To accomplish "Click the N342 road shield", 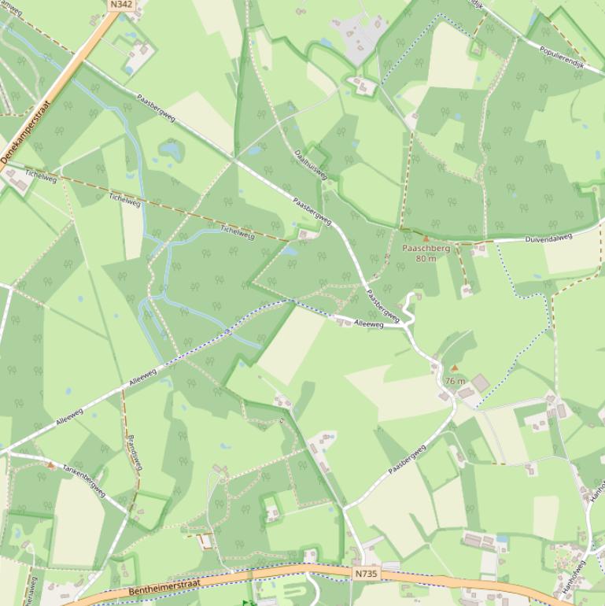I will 121,4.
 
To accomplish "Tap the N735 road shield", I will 366,574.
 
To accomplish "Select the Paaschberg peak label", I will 426,248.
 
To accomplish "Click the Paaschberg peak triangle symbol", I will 426,237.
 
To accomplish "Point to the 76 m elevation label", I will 455,381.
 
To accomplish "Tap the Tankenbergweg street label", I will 84,479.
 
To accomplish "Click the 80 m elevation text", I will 426,258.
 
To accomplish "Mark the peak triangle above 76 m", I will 454,368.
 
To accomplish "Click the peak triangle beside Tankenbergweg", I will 51,465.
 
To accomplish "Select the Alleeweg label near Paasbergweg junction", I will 368,323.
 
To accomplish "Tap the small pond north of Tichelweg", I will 171,149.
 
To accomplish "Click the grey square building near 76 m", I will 480,382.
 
